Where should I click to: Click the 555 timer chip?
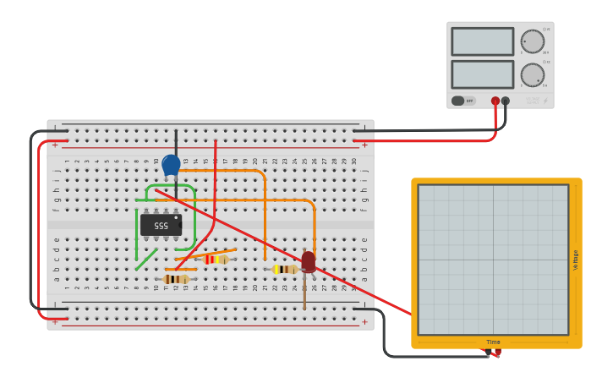(x=161, y=225)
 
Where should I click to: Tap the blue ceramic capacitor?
(x=171, y=165)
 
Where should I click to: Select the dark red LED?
(x=309, y=260)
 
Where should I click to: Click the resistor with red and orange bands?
(x=216, y=259)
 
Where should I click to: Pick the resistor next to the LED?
(x=286, y=269)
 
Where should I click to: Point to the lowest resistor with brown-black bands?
(x=176, y=279)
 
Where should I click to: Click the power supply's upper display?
(x=482, y=41)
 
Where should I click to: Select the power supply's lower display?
(x=482, y=74)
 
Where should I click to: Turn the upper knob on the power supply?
(x=532, y=41)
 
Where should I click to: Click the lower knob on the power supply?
(x=532, y=74)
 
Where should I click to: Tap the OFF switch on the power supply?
(x=462, y=101)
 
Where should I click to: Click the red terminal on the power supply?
(x=495, y=101)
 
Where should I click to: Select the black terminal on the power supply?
(x=506, y=101)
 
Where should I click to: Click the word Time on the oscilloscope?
(x=493, y=342)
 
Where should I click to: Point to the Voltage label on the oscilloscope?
(x=576, y=260)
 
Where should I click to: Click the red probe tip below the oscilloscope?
(x=496, y=353)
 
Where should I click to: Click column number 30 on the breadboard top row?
(x=354, y=161)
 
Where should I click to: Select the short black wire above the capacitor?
(x=176, y=141)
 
